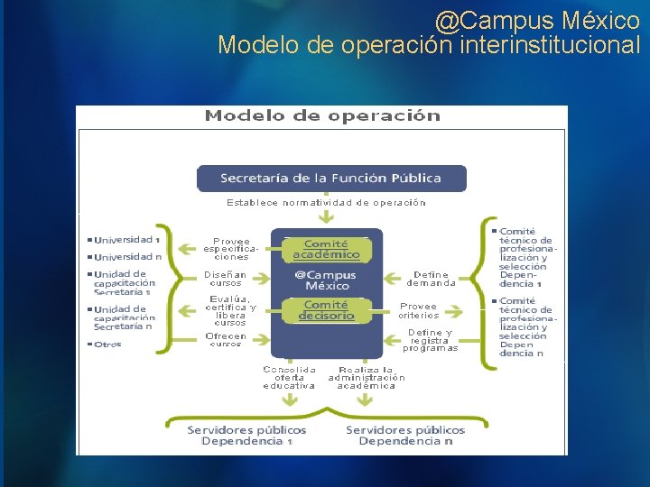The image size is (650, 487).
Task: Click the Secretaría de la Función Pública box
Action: pos(331,178)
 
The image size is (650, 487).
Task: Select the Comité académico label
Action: pos(326,249)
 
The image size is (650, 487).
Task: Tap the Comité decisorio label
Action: pos(326,310)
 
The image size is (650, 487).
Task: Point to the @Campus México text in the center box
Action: pos(326,280)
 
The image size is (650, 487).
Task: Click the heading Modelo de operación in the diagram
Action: pos(322,115)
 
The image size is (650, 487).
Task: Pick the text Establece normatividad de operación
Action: pos(326,203)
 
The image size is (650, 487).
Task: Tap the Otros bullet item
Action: pos(107,345)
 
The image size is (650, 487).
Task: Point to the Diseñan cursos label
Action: pos(225,279)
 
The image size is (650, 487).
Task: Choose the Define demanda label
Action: pos(431,279)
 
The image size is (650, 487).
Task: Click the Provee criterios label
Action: pos(419,310)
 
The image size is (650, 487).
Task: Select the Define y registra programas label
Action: pos(431,340)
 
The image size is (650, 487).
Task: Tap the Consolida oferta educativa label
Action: pos(289,378)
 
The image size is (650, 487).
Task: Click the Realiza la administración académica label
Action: pos(366,378)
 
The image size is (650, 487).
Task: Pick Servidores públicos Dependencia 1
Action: pos(246,436)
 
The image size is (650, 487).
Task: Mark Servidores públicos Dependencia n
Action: pos(405,436)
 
